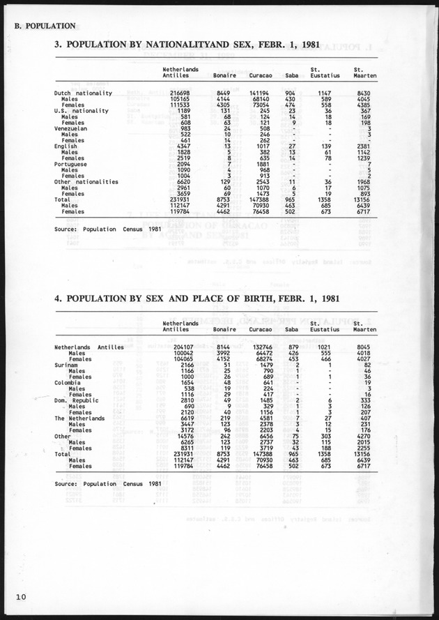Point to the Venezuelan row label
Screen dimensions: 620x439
tap(72, 128)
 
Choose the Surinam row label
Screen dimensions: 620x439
tap(68, 365)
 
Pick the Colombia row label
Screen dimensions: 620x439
tap(69, 383)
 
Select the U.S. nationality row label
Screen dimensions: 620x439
tap(81, 110)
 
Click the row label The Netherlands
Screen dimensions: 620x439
tap(79, 418)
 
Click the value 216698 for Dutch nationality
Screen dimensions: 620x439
tap(179, 92)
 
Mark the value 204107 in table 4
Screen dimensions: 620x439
tap(179, 347)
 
